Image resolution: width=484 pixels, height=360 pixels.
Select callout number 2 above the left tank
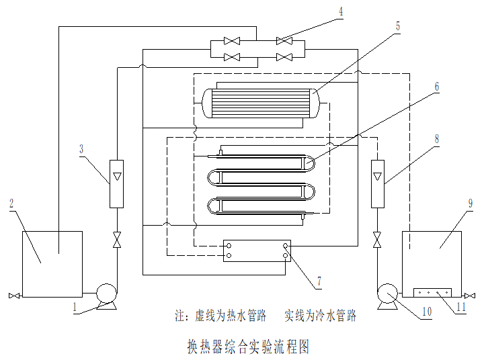(11, 203)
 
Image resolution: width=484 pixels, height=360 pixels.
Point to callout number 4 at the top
(341, 11)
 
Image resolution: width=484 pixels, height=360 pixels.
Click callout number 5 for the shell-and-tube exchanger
(397, 26)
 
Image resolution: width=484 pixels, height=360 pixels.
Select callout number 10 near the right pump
(426, 311)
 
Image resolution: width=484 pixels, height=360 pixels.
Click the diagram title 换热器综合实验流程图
(247, 346)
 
